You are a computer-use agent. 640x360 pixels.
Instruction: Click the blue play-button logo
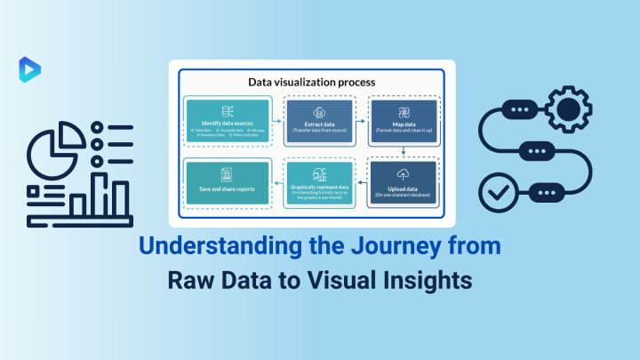[29, 68]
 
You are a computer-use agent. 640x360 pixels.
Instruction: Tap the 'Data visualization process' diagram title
[311, 82]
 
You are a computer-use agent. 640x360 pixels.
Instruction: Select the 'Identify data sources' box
[228, 121]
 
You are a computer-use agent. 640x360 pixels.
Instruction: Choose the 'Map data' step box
[404, 122]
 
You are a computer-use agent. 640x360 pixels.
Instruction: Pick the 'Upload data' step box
[404, 181]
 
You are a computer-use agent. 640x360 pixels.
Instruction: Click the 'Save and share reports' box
[228, 181]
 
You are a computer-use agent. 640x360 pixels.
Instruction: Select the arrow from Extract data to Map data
[360, 116]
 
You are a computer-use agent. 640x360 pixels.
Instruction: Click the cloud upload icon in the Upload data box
[404, 172]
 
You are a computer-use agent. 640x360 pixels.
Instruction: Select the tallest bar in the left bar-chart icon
[100, 194]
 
